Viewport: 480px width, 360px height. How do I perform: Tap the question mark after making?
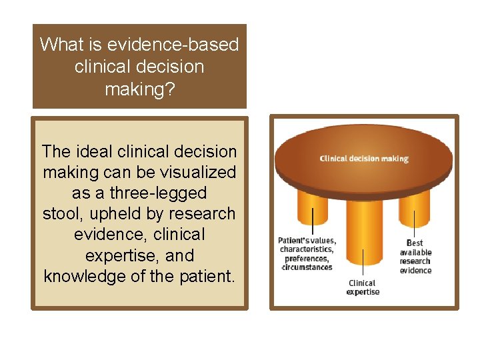pyautogui.click(x=171, y=89)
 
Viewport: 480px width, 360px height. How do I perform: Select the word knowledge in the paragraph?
pyautogui.click(x=88, y=276)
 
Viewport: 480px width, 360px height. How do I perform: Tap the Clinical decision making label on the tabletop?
pyautogui.click(x=364, y=159)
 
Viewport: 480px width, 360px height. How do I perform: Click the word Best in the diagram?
pyautogui.click(x=415, y=243)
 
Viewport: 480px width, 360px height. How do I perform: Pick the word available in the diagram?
pyautogui.click(x=415, y=252)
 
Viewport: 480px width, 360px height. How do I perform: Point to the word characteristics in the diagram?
pyautogui.click(x=307, y=250)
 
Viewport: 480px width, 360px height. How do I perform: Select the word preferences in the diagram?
pyautogui.click(x=306, y=259)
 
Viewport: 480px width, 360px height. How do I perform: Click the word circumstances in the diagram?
pyautogui.click(x=306, y=267)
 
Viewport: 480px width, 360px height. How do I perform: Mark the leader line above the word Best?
pyautogui.click(x=414, y=224)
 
